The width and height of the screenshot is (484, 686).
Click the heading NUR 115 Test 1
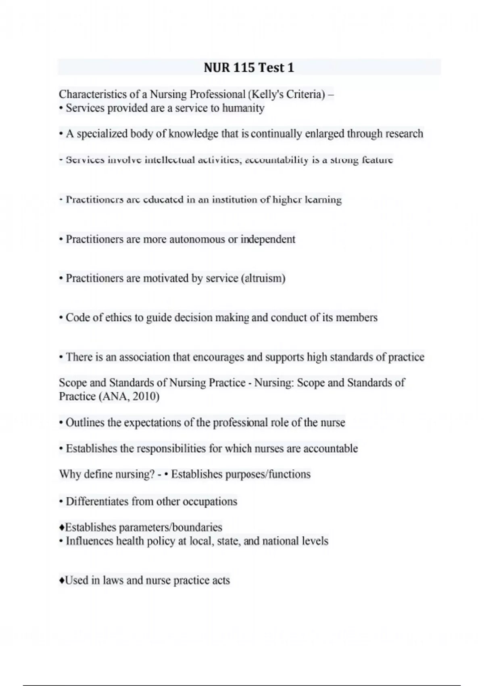click(x=249, y=67)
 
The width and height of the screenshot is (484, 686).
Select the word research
click(x=404, y=134)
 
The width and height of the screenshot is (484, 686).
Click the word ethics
click(x=119, y=318)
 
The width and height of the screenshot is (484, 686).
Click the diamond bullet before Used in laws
click(x=61, y=581)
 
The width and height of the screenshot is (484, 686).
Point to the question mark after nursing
click(x=152, y=474)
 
